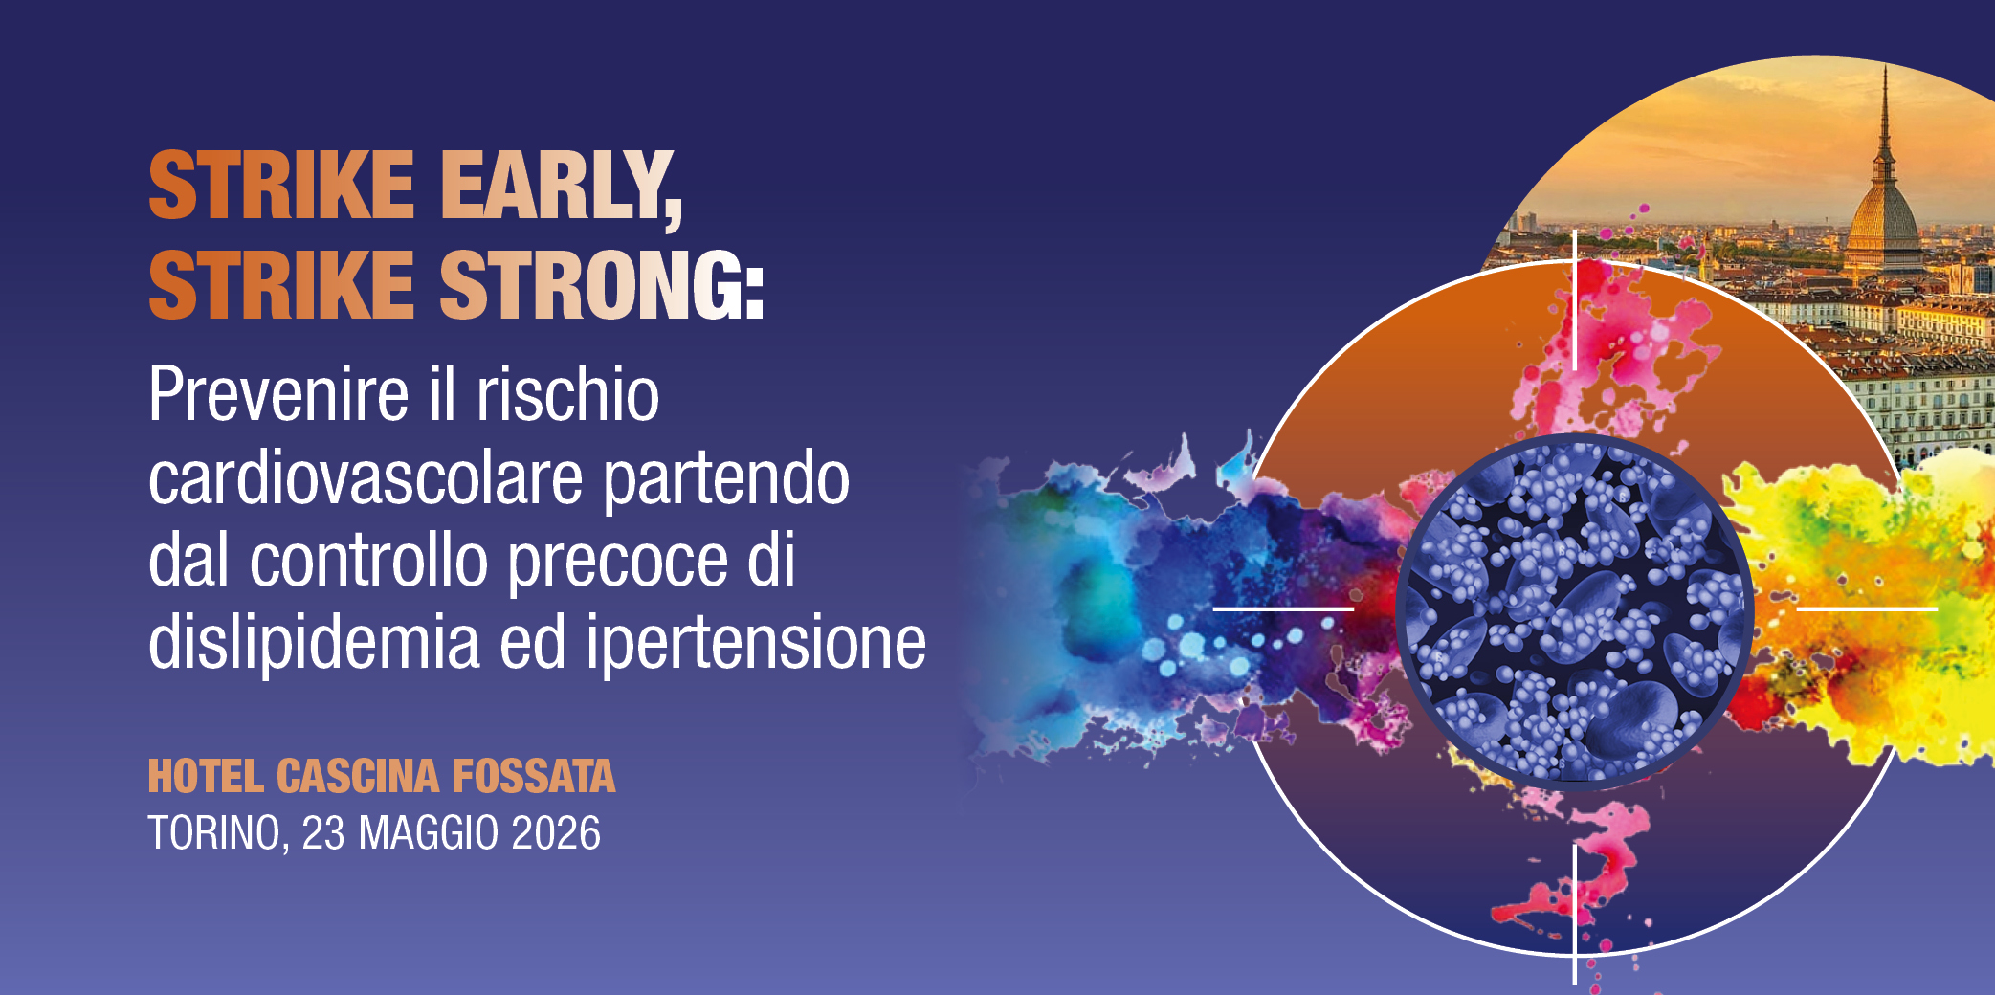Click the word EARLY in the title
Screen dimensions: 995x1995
(560, 187)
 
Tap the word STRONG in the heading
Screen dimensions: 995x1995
(601, 285)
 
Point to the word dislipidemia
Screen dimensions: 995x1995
(314, 643)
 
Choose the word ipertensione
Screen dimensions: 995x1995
(756, 643)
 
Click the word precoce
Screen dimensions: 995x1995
(617, 561)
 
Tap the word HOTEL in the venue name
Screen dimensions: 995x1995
(205, 777)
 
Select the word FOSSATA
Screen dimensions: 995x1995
(533, 777)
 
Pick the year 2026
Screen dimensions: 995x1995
(556, 833)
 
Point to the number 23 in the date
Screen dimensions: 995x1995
(323, 833)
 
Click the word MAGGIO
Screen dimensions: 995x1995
(429, 833)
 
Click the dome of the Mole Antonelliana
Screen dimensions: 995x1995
(1882, 215)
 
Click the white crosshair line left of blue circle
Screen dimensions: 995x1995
(1283, 608)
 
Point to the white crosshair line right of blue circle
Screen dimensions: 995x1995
(1867, 608)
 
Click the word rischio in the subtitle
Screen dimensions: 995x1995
(568, 394)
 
